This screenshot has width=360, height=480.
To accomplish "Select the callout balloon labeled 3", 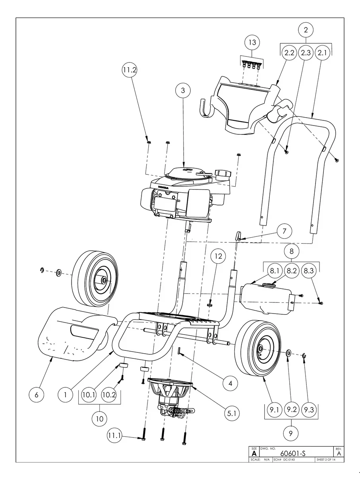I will pos(183,91).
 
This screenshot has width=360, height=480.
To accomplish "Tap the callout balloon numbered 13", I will pos(252,42).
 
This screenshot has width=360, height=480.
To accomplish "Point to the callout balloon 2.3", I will pos(306,53).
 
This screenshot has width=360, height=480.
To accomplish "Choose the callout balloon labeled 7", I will pos(284,231).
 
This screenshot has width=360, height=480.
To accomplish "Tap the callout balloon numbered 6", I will pos(37,395).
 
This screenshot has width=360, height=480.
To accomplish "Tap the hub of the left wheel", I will pos(103,280).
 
